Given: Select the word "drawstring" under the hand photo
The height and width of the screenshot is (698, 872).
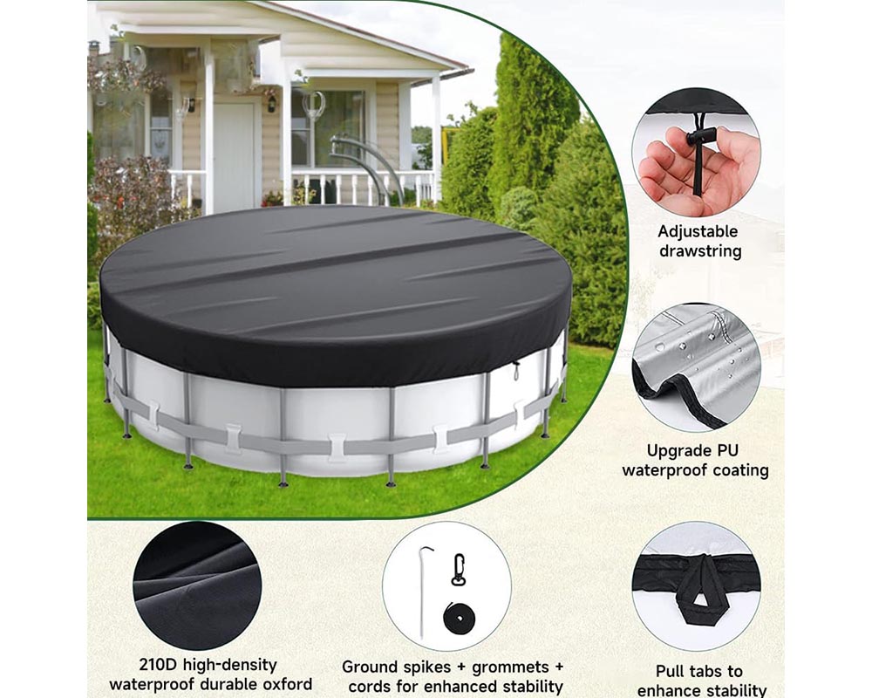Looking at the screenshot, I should [x=699, y=251].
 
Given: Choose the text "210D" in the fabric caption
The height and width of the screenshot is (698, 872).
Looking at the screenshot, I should [x=160, y=665].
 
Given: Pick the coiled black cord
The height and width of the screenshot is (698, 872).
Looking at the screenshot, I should [x=459, y=619].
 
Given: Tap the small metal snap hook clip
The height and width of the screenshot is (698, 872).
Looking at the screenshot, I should [x=457, y=571].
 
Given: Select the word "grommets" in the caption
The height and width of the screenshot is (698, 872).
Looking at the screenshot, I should [x=509, y=667].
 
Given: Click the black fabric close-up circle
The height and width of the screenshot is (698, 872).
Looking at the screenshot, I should [x=197, y=585].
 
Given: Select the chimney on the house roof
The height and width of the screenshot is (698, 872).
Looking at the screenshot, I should [x=94, y=48].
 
